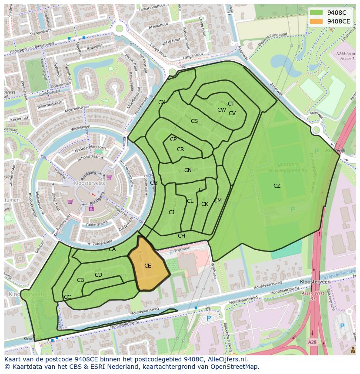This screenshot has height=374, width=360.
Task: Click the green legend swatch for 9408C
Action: pyautogui.click(x=316, y=13)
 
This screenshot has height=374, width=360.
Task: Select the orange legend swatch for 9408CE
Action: pyautogui.click(x=316, y=21)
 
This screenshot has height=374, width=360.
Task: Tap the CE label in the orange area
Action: pyautogui.click(x=148, y=265)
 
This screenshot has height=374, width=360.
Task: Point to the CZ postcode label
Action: pyautogui.click(x=277, y=186)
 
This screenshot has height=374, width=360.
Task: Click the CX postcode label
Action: pyautogui.click(x=162, y=103)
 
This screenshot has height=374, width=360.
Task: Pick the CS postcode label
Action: pyautogui.click(x=194, y=121)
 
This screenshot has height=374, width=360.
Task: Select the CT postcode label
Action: pyautogui.click(x=231, y=104)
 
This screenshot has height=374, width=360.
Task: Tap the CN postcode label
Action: pyautogui.click(x=188, y=170)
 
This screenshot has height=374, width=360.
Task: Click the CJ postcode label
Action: pyautogui.click(x=172, y=212)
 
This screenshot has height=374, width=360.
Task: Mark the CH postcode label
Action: pyautogui.click(x=181, y=236)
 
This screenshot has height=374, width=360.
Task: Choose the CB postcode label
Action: pyautogui.click(x=80, y=280)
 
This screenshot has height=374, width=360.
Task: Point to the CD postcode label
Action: pyautogui.click(x=98, y=275)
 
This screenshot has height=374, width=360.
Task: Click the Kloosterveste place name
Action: pyautogui.click(x=90, y=183)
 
